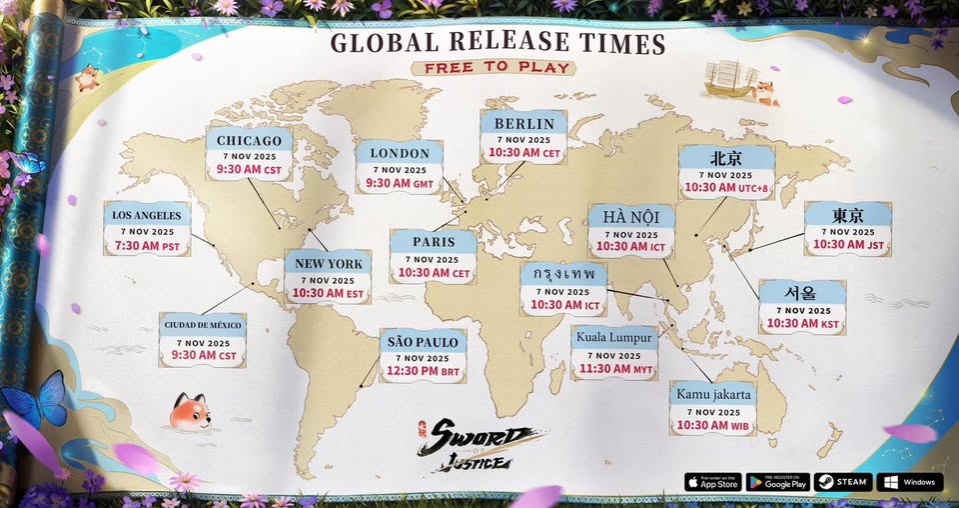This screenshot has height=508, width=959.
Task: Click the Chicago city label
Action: (x=250, y=140)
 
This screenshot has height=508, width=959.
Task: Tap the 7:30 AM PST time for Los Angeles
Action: (x=146, y=246)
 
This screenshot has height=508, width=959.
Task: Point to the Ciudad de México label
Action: (x=203, y=326)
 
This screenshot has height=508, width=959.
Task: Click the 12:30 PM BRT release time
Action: (x=423, y=372)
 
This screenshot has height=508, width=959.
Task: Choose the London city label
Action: (x=399, y=153)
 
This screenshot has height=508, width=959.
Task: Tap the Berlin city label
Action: (x=523, y=123)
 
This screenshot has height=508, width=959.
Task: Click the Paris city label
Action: (x=433, y=241)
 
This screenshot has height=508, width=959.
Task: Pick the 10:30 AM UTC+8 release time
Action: (x=725, y=187)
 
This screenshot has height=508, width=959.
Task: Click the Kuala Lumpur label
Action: (x=614, y=337)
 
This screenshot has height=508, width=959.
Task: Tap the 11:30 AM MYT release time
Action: (x=614, y=369)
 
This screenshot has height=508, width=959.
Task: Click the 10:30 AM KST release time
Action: (x=802, y=323)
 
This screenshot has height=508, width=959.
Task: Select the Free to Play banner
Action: (x=495, y=68)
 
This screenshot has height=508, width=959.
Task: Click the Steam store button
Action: (x=843, y=482)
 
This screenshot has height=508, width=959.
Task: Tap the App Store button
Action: (x=713, y=482)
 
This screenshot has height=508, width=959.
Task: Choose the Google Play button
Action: (x=777, y=482)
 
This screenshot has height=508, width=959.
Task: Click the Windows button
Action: (x=909, y=482)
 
